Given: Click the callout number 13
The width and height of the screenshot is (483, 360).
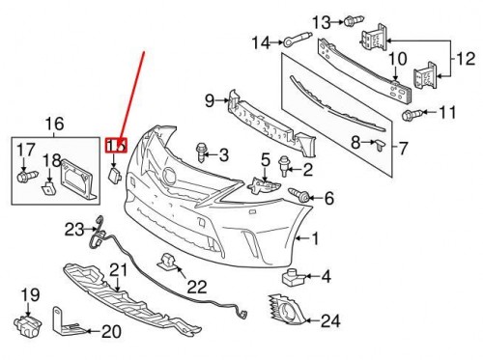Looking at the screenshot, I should click(x=321, y=20).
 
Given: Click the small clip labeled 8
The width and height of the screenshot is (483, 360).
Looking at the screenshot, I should click(x=379, y=145).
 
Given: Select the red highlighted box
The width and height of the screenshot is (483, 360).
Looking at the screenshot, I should click(x=115, y=145).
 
